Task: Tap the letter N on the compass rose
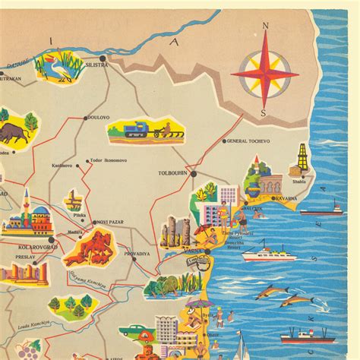pos(266,27)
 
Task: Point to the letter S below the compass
pos(264,113)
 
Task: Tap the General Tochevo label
pos(248,141)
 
